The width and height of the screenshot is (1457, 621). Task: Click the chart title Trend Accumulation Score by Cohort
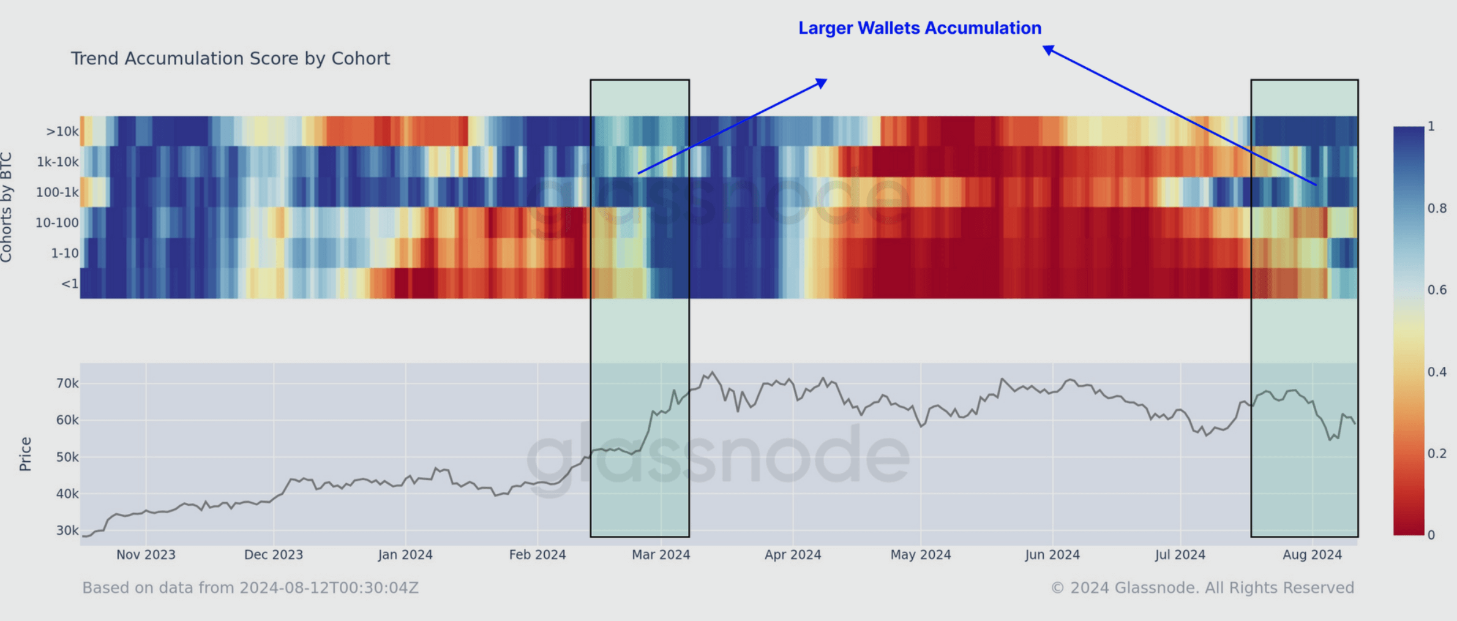230,59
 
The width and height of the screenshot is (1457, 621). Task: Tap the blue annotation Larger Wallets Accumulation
920,28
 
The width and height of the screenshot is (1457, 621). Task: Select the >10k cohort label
62,132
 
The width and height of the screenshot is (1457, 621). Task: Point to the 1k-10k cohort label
58,162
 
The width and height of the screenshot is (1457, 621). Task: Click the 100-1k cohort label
58,192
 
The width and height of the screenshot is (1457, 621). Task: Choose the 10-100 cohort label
57,223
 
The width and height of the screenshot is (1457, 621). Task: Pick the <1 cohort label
70,284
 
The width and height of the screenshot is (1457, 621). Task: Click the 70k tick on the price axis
67,383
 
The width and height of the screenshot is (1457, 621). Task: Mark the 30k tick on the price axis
67,530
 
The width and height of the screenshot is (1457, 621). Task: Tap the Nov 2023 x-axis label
146,555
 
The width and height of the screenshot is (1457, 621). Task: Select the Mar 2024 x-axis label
661,555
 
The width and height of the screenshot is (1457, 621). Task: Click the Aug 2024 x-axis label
1312,555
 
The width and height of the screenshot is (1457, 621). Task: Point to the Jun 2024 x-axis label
1052,555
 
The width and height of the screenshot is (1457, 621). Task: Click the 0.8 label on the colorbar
1437,208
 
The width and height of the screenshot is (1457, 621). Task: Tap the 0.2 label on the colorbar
1437,453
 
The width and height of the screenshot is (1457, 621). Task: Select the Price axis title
25,454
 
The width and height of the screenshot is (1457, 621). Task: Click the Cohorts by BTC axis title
7,208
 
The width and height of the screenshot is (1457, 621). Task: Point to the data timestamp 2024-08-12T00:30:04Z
329,588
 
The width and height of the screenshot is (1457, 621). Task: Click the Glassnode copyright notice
1202,588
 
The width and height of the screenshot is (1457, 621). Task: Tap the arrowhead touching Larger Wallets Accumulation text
1049,49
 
